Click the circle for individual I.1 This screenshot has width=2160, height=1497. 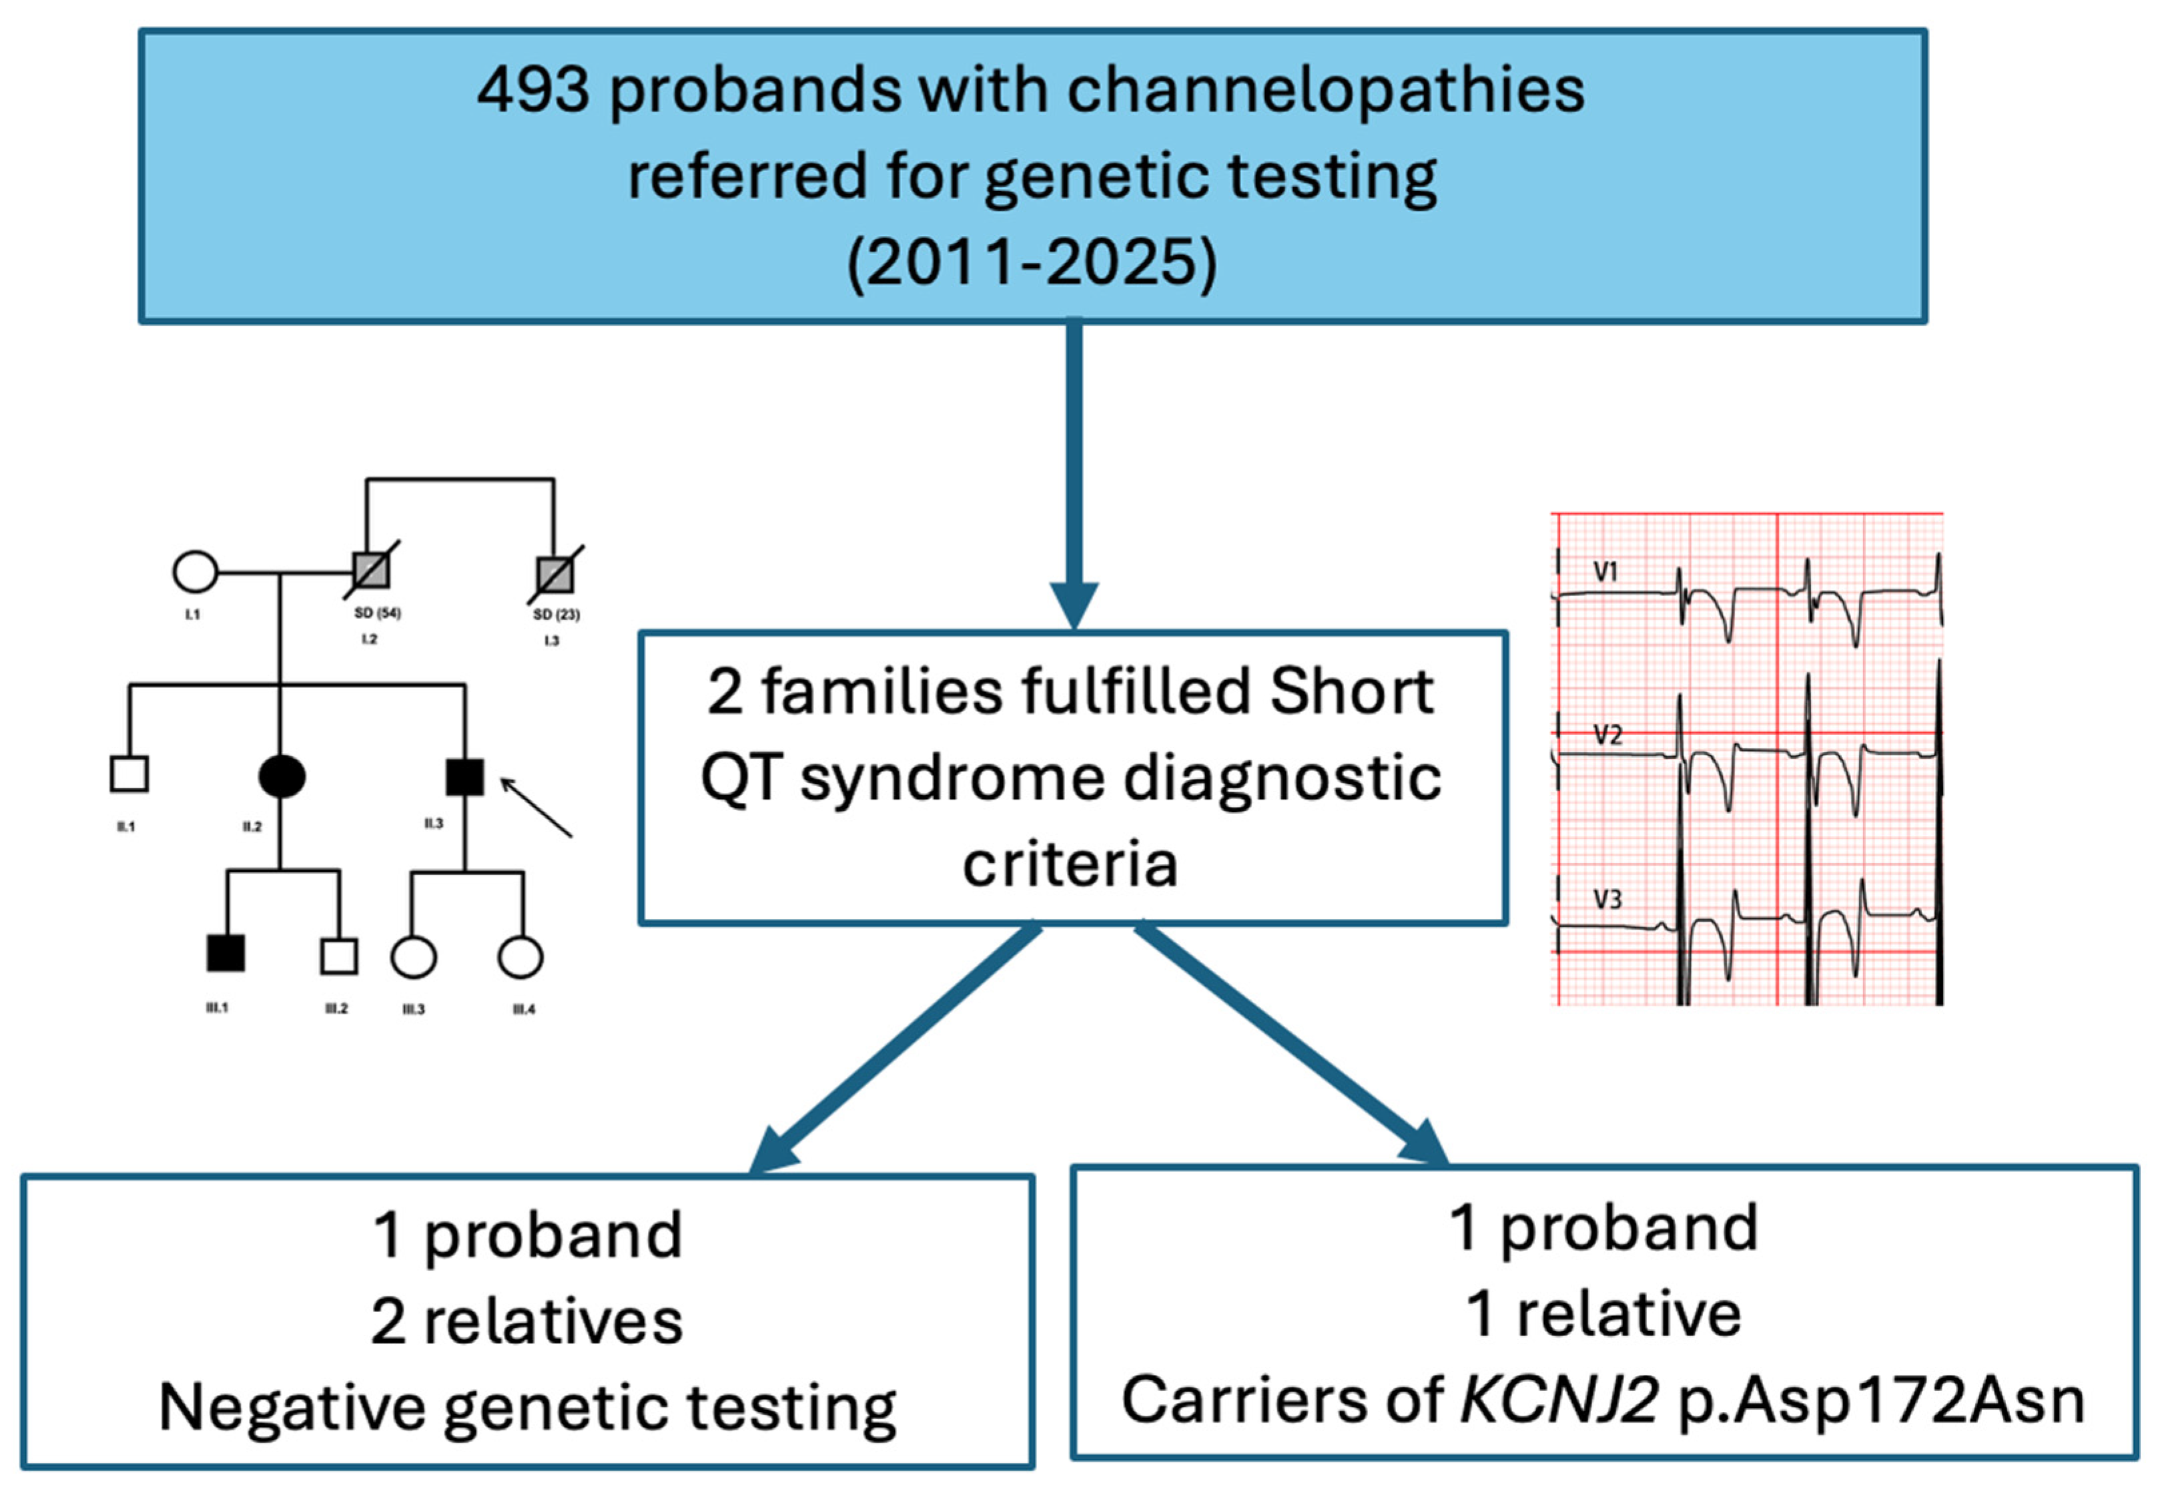pyautogui.click(x=195, y=571)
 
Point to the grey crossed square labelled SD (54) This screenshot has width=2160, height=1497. pyautogui.click(x=370, y=569)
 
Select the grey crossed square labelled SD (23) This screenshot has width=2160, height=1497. pyautogui.click(x=555, y=574)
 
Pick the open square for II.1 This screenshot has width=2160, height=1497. pyautogui.click(x=129, y=774)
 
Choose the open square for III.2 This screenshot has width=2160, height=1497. pyautogui.click(x=338, y=956)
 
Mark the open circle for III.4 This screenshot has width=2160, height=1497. pyautogui.click(x=520, y=956)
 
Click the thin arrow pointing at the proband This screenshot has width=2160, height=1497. pyautogui.click(x=536, y=807)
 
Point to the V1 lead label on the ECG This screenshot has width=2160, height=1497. pyautogui.click(x=1605, y=571)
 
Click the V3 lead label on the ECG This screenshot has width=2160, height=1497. pyautogui.click(x=1607, y=900)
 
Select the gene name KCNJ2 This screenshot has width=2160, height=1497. pyautogui.click(x=1559, y=1400)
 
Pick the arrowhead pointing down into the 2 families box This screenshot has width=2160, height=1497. pyautogui.click(x=1074, y=605)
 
